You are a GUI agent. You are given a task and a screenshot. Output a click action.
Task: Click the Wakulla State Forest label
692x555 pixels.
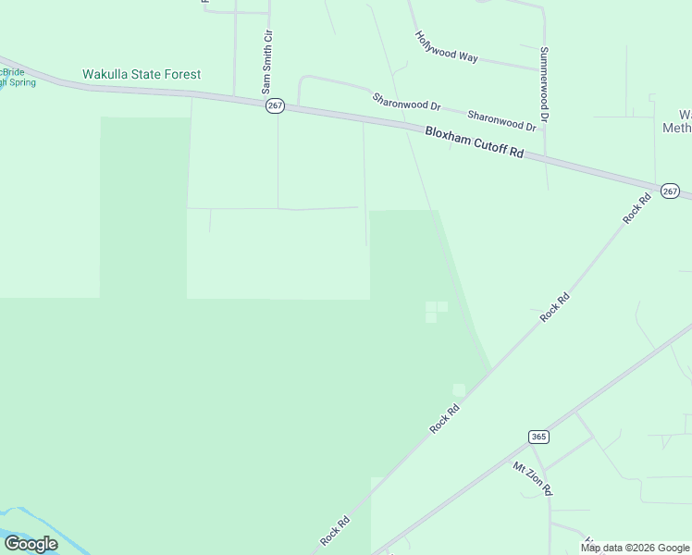(142, 74)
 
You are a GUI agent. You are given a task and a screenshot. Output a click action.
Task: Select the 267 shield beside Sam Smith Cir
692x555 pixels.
(275, 106)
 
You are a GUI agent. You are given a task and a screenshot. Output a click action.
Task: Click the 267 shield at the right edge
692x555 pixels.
(671, 191)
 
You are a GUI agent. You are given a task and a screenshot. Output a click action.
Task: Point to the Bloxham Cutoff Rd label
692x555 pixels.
(475, 142)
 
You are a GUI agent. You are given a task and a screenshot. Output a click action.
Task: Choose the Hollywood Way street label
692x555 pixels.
(446, 47)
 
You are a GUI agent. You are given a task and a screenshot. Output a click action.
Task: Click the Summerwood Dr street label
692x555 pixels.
(545, 85)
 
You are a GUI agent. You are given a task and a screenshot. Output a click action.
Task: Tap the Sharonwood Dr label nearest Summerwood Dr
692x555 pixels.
(502, 119)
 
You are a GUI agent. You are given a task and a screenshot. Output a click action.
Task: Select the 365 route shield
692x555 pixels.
(539, 437)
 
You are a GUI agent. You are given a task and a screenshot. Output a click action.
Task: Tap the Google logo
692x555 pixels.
(31, 544)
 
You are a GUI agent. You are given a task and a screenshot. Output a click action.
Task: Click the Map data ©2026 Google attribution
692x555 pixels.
(636, 548)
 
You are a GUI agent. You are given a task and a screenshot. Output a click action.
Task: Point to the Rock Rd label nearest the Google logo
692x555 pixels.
(334, 530)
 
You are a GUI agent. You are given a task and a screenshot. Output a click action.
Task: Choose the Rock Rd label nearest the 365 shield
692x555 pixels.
(445, 420)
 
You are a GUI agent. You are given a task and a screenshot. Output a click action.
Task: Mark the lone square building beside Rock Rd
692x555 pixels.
(459, 389)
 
